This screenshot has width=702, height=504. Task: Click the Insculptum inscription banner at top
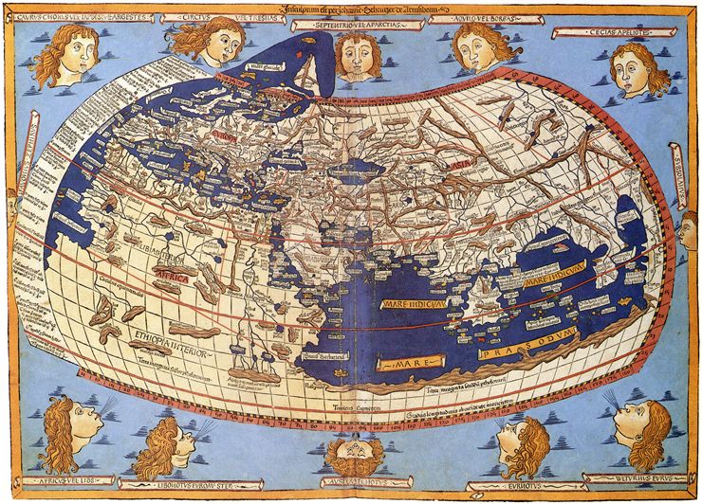[x=352, y=9]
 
